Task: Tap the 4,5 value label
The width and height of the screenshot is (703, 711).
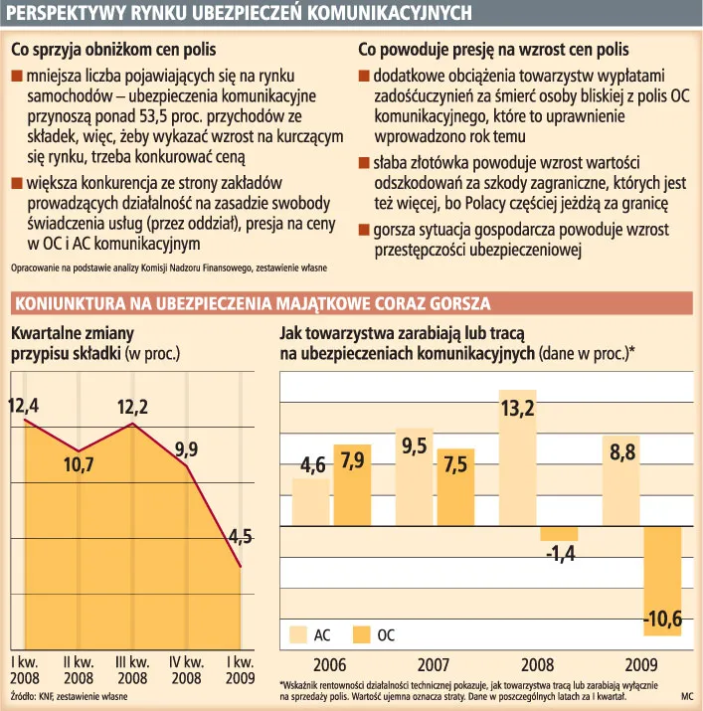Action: [240, 537]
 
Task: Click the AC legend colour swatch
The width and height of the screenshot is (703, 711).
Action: [297, 632]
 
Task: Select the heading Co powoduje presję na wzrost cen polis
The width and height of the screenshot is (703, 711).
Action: [492, 49]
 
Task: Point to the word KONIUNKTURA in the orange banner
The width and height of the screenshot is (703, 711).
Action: [69, 303]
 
